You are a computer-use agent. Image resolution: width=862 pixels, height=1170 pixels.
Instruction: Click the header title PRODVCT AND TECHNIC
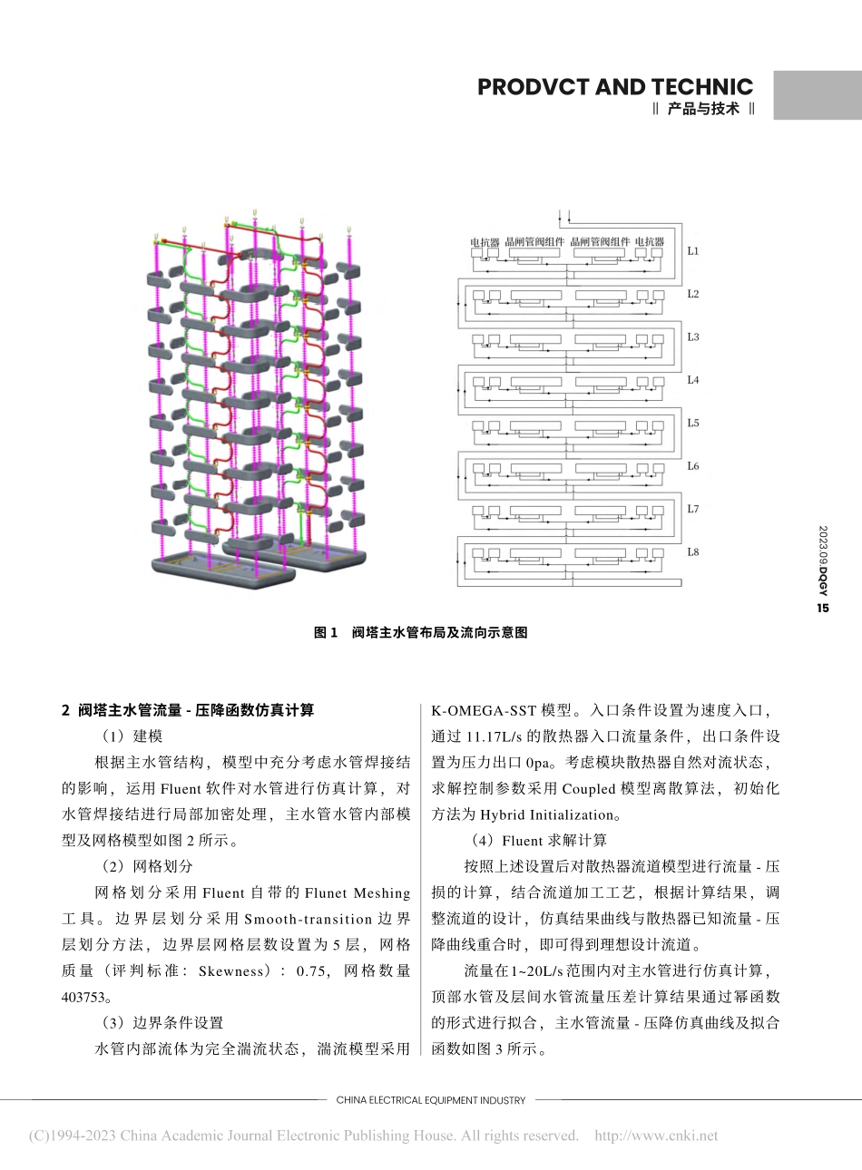click(x=614, y=87)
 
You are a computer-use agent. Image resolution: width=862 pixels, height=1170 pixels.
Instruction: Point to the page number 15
click(x=823, y=609)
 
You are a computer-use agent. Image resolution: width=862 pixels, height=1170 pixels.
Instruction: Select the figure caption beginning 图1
click(x=420, y=633)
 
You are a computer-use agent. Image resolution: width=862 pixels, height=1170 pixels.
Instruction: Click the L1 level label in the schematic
click(x=692, y=251)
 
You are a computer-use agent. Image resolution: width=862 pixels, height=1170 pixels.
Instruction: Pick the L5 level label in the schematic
click(x=692, y=424)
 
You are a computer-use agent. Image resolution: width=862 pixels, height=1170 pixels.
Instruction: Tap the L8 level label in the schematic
click(x=692, y=552)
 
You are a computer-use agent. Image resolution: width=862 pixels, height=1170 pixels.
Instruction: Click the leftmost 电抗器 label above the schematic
click(x=485, y=242)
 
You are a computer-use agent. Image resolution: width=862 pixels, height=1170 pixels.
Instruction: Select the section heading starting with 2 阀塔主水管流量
click(x=188, y=710)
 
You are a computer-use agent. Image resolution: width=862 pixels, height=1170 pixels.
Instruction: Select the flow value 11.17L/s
click(x=494, y=736)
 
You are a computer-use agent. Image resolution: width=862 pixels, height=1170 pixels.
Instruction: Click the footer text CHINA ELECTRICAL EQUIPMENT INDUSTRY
click(x=431, y=1100)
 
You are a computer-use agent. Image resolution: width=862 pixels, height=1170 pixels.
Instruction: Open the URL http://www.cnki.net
click(x=655, y=1136)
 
